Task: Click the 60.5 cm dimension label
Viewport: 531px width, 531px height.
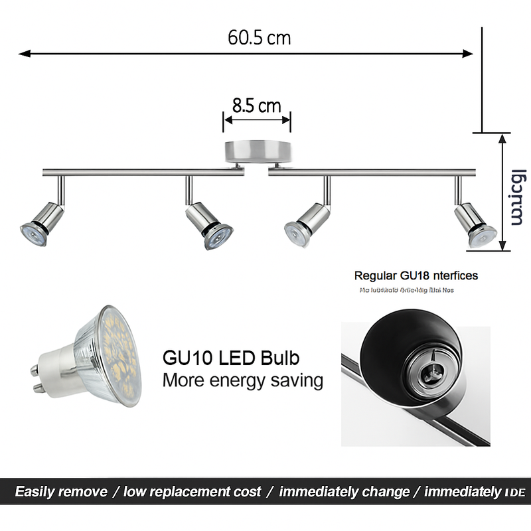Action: point(259,37)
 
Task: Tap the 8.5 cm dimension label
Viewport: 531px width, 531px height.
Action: point(256,106)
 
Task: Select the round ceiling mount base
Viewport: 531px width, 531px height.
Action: point(257,151)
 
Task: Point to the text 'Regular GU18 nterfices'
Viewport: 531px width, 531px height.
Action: point(416,275)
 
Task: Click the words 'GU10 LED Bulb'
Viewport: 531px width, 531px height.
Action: point(231,358)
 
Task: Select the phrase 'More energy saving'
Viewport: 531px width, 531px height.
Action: point(243,381)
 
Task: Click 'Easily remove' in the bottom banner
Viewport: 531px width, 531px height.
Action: point(61,492)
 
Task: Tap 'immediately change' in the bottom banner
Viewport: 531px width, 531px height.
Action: point(344,492)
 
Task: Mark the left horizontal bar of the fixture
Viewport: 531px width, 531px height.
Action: point(143,173)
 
